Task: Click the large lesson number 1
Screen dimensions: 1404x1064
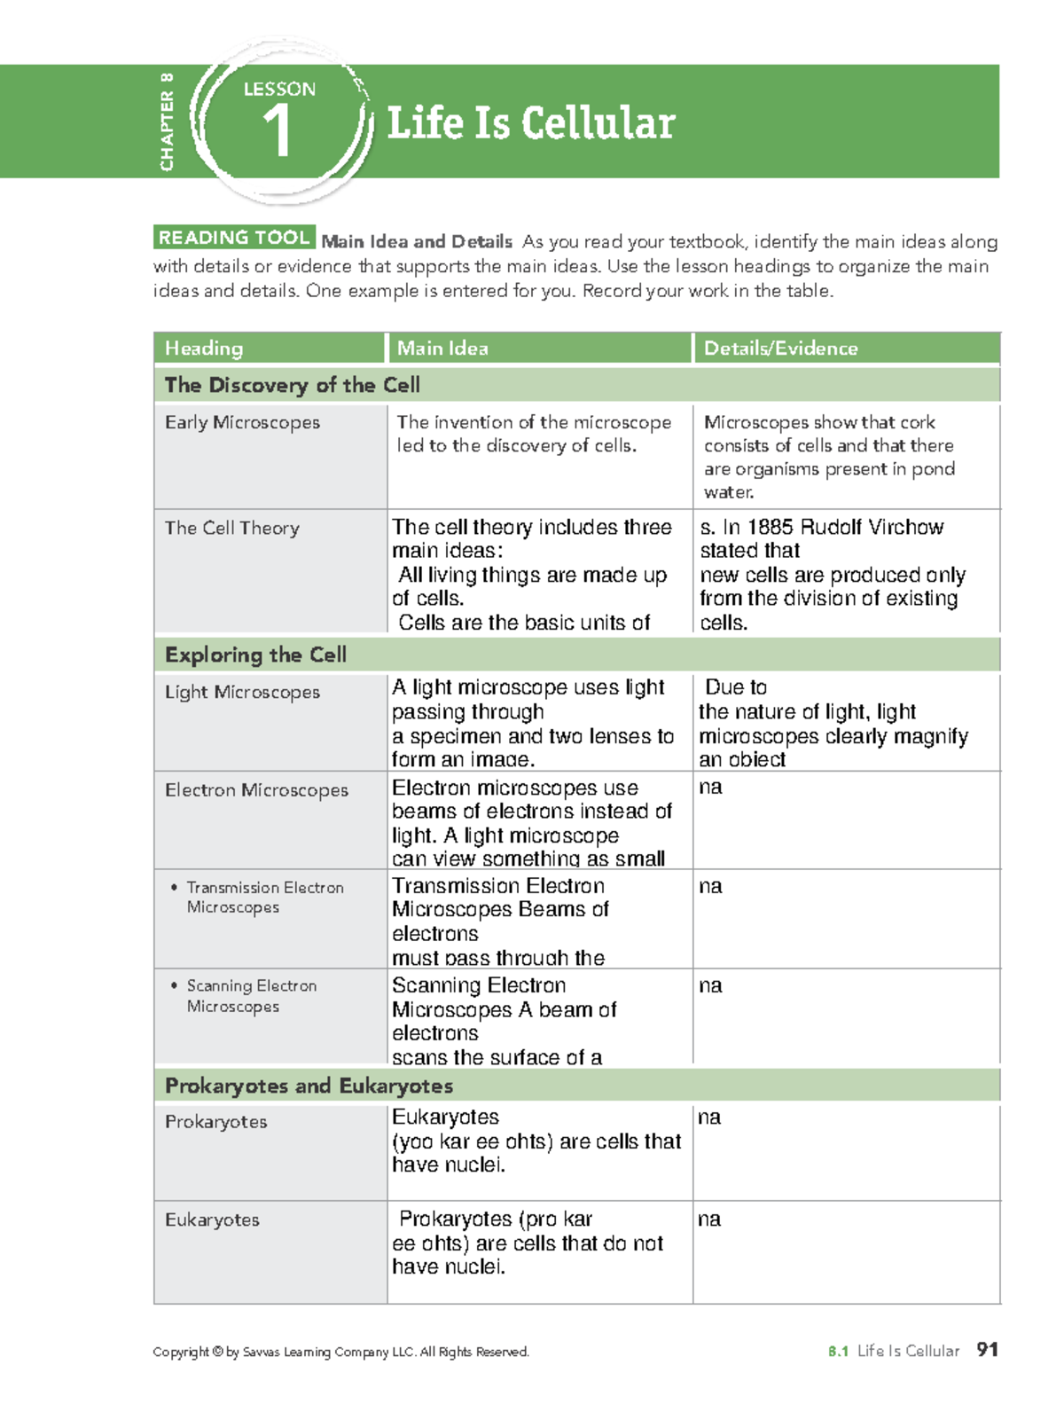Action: (x=277, y=131)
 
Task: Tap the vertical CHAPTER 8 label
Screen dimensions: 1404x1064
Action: (x=167, y=122)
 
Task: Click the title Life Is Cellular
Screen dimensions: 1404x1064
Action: (x=531, y=122)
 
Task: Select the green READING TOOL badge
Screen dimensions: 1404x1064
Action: (x=234, y=238)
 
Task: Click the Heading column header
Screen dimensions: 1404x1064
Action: (x=204, y=349)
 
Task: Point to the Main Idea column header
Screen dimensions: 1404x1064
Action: (x=442, y=349)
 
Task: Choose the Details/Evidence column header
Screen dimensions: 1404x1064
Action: (x=780, y=349)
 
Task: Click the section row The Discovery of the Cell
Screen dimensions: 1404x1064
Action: (x=293, y=385)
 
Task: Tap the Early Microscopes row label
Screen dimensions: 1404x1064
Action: (x=242, y=422)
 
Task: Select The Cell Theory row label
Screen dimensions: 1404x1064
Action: (x=232, y=528)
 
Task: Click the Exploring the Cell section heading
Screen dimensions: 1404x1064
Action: (x=255, y=655)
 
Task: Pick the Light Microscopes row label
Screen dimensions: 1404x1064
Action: (x=242, y=692)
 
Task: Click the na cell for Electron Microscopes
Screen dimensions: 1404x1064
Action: (x=710, y=788)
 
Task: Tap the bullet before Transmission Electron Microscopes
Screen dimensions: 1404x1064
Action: (x=174, y=887)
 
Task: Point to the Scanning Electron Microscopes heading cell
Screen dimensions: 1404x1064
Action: (x=252, y=996)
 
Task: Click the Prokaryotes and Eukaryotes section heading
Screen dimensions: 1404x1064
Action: (x=309, y=1086)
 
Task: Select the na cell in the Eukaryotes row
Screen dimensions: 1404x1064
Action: (x=709, y=1220)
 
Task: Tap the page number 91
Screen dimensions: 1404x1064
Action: (x=987, y=1350)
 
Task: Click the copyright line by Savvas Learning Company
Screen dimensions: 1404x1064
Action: (x=340, y=1352)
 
